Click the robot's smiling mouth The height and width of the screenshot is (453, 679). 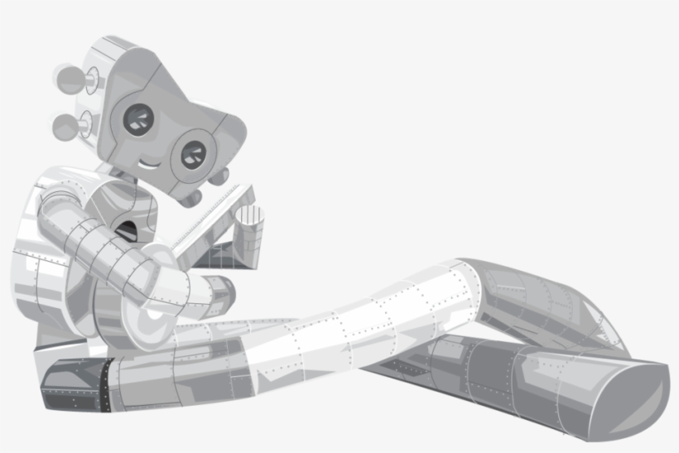pos(149,163)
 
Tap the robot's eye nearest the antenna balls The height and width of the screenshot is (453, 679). pos(137,120)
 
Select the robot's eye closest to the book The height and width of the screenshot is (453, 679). pos(192,155)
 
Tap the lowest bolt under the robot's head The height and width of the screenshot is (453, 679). pos(191,200)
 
